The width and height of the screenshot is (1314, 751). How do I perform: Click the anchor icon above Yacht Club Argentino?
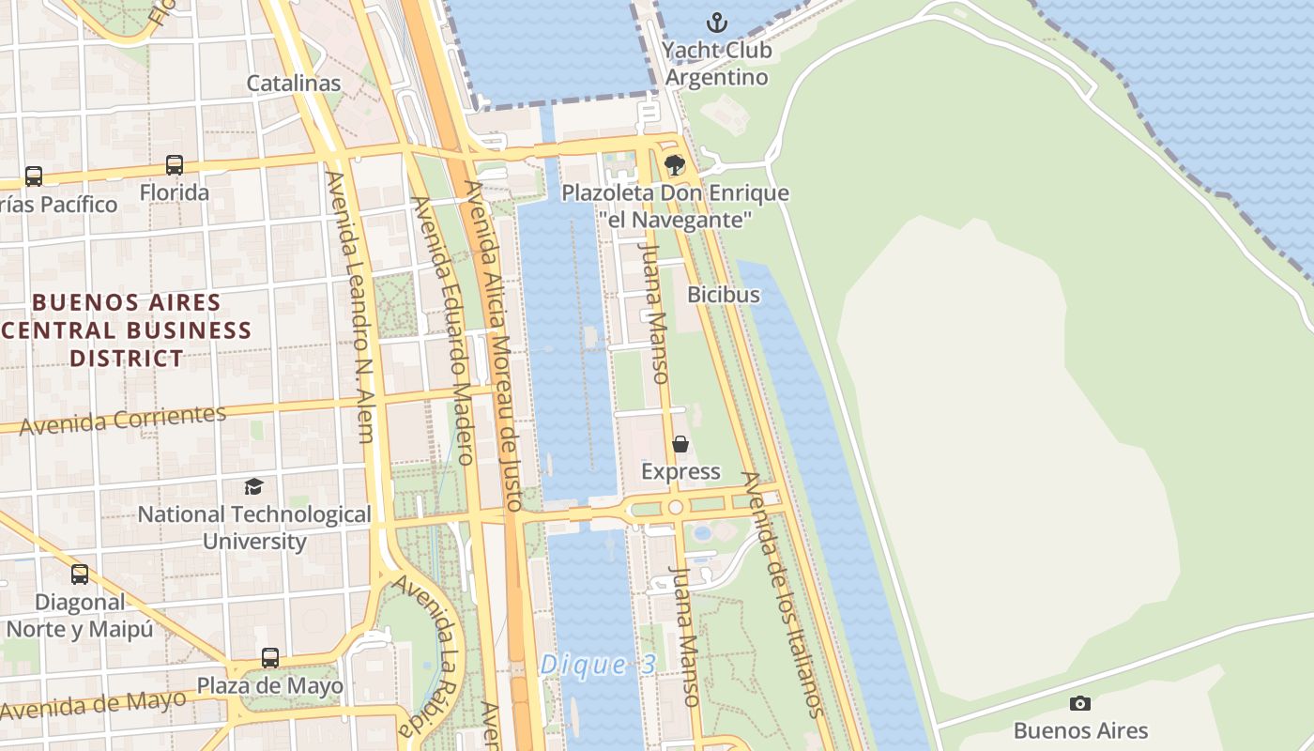point(717,22)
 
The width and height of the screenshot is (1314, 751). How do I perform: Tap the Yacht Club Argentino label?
point(717,63)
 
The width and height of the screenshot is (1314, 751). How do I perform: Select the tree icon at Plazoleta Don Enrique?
point(674,166)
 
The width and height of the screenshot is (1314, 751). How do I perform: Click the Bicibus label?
point(723,294)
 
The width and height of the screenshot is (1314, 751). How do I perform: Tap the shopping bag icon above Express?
point(680,443)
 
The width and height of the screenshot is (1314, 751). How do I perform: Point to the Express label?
point(680,471)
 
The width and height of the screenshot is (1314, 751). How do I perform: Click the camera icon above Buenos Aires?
point(1080,703)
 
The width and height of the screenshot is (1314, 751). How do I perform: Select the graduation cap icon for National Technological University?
point(253,486)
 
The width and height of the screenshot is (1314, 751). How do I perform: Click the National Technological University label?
point(254,528)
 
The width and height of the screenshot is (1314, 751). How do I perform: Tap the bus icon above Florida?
point(175,165)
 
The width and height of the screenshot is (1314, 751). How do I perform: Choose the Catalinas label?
point(293,83)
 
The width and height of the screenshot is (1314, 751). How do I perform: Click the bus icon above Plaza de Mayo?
point(270,657)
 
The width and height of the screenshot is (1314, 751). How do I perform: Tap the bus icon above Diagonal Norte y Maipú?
point(80,574)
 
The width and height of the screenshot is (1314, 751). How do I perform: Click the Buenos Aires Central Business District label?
point(127,330)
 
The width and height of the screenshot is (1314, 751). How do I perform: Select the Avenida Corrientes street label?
point(123,420)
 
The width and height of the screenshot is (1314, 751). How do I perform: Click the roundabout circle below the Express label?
point(675,508)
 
